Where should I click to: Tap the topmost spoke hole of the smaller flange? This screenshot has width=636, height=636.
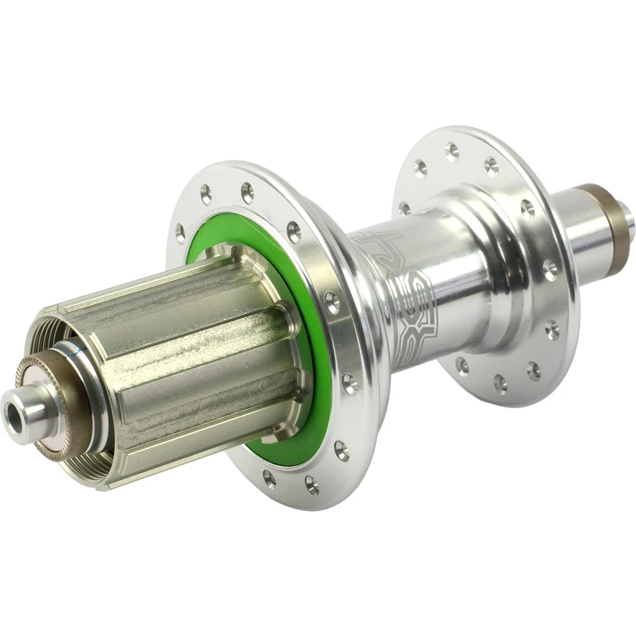[452, 149]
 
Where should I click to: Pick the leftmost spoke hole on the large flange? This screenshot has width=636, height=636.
[180, 233]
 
